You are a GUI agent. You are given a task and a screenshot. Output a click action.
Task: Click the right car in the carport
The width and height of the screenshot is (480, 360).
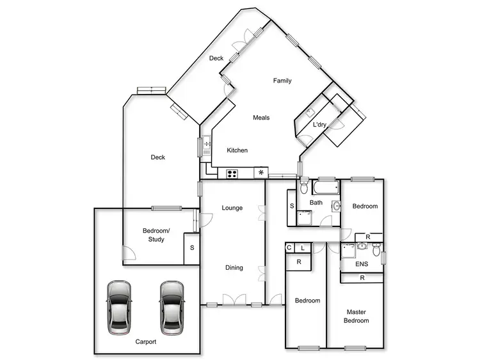pyautogui.click(x=171, y=306)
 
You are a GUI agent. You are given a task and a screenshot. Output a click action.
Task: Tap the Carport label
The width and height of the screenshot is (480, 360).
pyautogui.click(x=146, y=341)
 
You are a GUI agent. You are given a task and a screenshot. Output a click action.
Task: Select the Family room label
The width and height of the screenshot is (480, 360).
pyautogui.click(x=282, y=81)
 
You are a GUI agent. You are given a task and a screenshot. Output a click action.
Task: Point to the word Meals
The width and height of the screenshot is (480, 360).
pyautogui.click(x=261, y=118)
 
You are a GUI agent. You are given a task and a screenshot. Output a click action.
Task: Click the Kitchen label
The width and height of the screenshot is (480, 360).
pyautogui.click(x=237, y=150)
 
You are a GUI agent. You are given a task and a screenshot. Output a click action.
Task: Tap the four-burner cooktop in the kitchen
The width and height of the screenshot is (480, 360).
pyautogui.click(x=232, y=173)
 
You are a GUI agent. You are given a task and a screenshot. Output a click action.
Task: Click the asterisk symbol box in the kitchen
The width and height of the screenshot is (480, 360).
pyautogui.click(x=260, y=173)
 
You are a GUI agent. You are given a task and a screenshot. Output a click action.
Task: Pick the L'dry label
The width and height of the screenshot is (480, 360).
pyautogui.click(x=319, y=125)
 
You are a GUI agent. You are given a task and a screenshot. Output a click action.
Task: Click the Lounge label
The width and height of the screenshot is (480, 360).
pyautogui.click(x=232, y=208)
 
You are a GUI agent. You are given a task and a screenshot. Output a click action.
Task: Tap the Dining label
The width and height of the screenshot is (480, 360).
pyautogui.click(x=234, y=267)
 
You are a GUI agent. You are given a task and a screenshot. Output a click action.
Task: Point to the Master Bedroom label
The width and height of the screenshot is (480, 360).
pyautogui.click(x=356, y=316)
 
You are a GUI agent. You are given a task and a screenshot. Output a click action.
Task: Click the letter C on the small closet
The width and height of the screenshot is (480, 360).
pyautogui.click(x=289, y=248)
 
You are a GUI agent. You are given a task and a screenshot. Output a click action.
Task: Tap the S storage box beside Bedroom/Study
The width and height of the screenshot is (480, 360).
pyautogui.click(x=192, y=247)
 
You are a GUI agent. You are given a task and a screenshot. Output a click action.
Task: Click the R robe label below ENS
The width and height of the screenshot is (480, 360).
pyautogui.click(x=362, y=278)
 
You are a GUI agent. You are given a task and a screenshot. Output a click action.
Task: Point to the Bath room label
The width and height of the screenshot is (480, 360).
pyautogui.click(x=316, y=203)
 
